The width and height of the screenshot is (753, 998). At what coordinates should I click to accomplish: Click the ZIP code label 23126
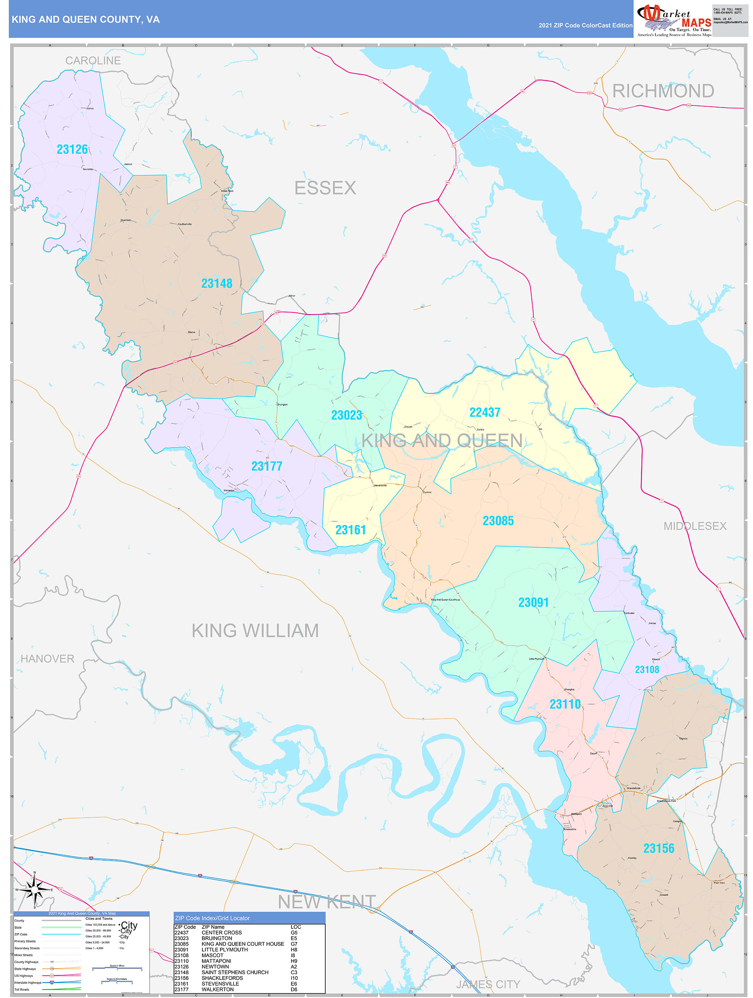(x=72, y=149)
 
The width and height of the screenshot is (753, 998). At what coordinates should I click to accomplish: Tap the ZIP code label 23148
(x=217, y=283)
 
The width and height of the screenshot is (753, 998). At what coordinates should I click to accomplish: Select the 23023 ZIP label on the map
(x=346, y=415)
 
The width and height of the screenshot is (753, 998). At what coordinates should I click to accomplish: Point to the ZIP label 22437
(x=484, y=412)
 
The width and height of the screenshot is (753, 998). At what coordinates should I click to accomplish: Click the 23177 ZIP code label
(x=266, y=466)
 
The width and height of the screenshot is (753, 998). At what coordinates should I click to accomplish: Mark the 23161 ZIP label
(x=350, y=530)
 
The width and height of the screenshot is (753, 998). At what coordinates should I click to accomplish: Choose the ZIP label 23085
(x=498, y=520)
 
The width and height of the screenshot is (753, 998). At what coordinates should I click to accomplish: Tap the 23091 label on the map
(x=533, y=602)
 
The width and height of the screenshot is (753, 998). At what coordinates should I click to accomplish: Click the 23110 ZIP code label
(x=565, y=704)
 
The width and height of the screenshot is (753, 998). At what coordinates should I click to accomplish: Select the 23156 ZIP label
(x=659, y=848)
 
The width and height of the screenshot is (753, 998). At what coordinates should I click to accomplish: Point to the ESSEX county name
(x=325, y=188)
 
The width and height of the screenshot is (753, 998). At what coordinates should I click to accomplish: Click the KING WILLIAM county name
(x=255, y=631)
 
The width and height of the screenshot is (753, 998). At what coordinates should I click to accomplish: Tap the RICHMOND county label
(x=663, y=91)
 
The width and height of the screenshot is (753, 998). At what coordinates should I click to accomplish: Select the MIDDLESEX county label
(x=695, y=526)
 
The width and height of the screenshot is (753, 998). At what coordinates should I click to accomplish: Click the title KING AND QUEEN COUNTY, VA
(x=85, y=20)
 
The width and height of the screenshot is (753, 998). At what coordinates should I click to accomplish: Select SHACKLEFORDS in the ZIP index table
(x=222, y=978)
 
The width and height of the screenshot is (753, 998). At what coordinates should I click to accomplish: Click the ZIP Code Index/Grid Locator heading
(x=212, y=918)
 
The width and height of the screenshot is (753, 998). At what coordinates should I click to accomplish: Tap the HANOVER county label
(x=47, y=659)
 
